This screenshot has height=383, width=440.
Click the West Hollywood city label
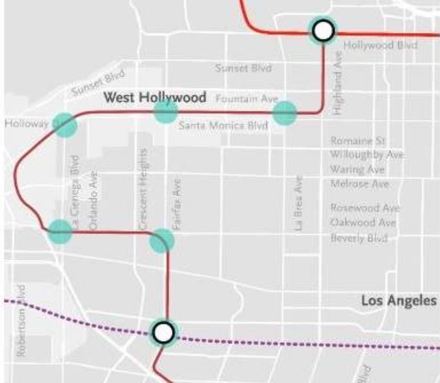click(x=154, y=98)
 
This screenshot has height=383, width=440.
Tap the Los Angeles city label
click(x=399, y=301)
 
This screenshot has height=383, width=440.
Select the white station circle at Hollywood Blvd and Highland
click(x=323, y=30)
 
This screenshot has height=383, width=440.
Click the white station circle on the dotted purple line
click(x=164, y=332)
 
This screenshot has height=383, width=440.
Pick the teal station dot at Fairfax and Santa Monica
click(x=166, y=111)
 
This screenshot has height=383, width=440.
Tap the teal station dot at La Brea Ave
click(x=285, y=112)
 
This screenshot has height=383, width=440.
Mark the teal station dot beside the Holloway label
click(x=65, y=125)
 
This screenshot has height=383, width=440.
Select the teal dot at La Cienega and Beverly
click(x=60, y=231)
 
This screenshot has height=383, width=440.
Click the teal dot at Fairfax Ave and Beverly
click(x=162, y=240)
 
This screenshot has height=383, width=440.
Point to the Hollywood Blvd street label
click(x=380, y=45)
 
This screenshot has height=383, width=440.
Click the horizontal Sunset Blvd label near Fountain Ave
click(x=243, y=68)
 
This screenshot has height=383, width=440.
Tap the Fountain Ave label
click(x=246, y=99)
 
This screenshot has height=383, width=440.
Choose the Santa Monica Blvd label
click(x=223, y=125)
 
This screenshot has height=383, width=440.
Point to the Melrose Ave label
click(x=360, y=184)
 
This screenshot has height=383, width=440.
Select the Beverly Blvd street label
click(x=359, y=239)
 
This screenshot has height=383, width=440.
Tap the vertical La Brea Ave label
click(x=298, y=203)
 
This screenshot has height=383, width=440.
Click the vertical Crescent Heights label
click(x=144, y=189)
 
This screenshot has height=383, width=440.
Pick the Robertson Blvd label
click(x=22, y=321)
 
